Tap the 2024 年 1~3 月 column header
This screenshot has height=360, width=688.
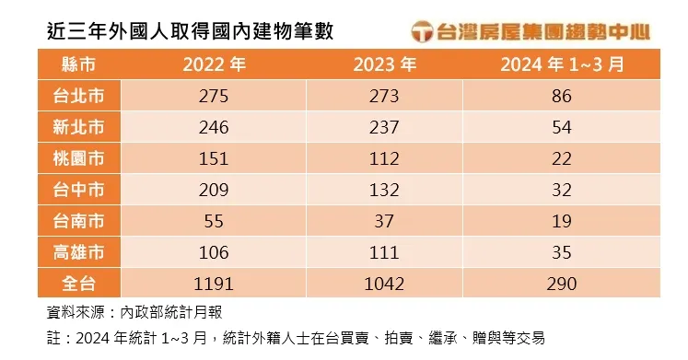(562, 64)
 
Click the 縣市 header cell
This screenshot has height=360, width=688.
(78, 64)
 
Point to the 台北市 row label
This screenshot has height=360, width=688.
(78, 96)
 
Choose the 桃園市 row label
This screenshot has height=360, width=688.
(78, 158)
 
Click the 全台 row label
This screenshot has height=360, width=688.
(78, 283)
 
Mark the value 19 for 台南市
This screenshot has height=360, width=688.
(562, 221)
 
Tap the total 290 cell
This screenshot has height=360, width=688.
(562, 283)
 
